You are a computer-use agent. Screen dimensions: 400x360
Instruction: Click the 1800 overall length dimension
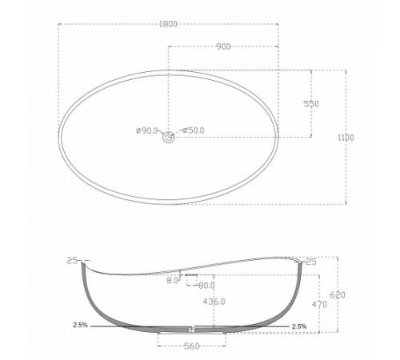click(168, 24)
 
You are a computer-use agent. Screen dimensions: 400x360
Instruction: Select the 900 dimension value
click(223, 46)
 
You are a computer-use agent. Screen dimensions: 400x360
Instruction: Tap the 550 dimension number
click(311, 104)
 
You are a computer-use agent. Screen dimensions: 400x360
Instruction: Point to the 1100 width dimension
click(346, 138)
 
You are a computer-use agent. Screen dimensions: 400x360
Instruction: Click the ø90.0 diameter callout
click(146, 130)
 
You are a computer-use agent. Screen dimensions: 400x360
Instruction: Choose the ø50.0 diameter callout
click(194, 130)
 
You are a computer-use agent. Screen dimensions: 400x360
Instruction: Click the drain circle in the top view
click(169, 138)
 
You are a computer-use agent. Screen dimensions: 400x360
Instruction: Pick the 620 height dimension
click(338, 295)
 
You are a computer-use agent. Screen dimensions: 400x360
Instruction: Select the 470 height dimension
click(319, 304)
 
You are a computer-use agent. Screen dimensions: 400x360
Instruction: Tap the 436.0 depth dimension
click(214, 302)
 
